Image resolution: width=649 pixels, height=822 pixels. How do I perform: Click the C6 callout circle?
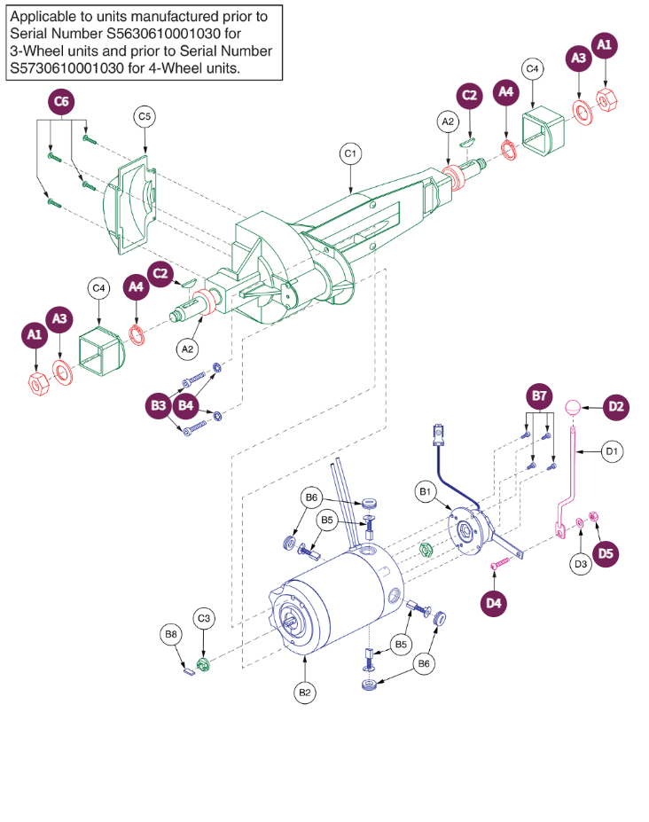point(61,103)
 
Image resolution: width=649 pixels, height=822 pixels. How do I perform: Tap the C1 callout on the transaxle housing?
point(350,154)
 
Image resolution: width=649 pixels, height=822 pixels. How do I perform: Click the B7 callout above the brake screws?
point(539,395)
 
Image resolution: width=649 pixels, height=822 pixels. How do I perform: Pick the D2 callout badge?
point(618,408)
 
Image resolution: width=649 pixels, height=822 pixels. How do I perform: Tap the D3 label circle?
point(580,563)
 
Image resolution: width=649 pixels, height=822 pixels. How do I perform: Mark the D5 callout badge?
point(606,553)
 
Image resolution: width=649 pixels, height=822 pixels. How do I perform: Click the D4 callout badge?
point(493,604)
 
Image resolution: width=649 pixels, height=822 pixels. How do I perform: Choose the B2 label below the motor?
point(305,690)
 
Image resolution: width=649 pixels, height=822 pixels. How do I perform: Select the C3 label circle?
point(204,618)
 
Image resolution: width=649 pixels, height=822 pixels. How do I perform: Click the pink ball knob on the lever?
point(573,408)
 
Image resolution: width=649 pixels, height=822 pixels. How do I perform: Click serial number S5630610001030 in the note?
point(182,34)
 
